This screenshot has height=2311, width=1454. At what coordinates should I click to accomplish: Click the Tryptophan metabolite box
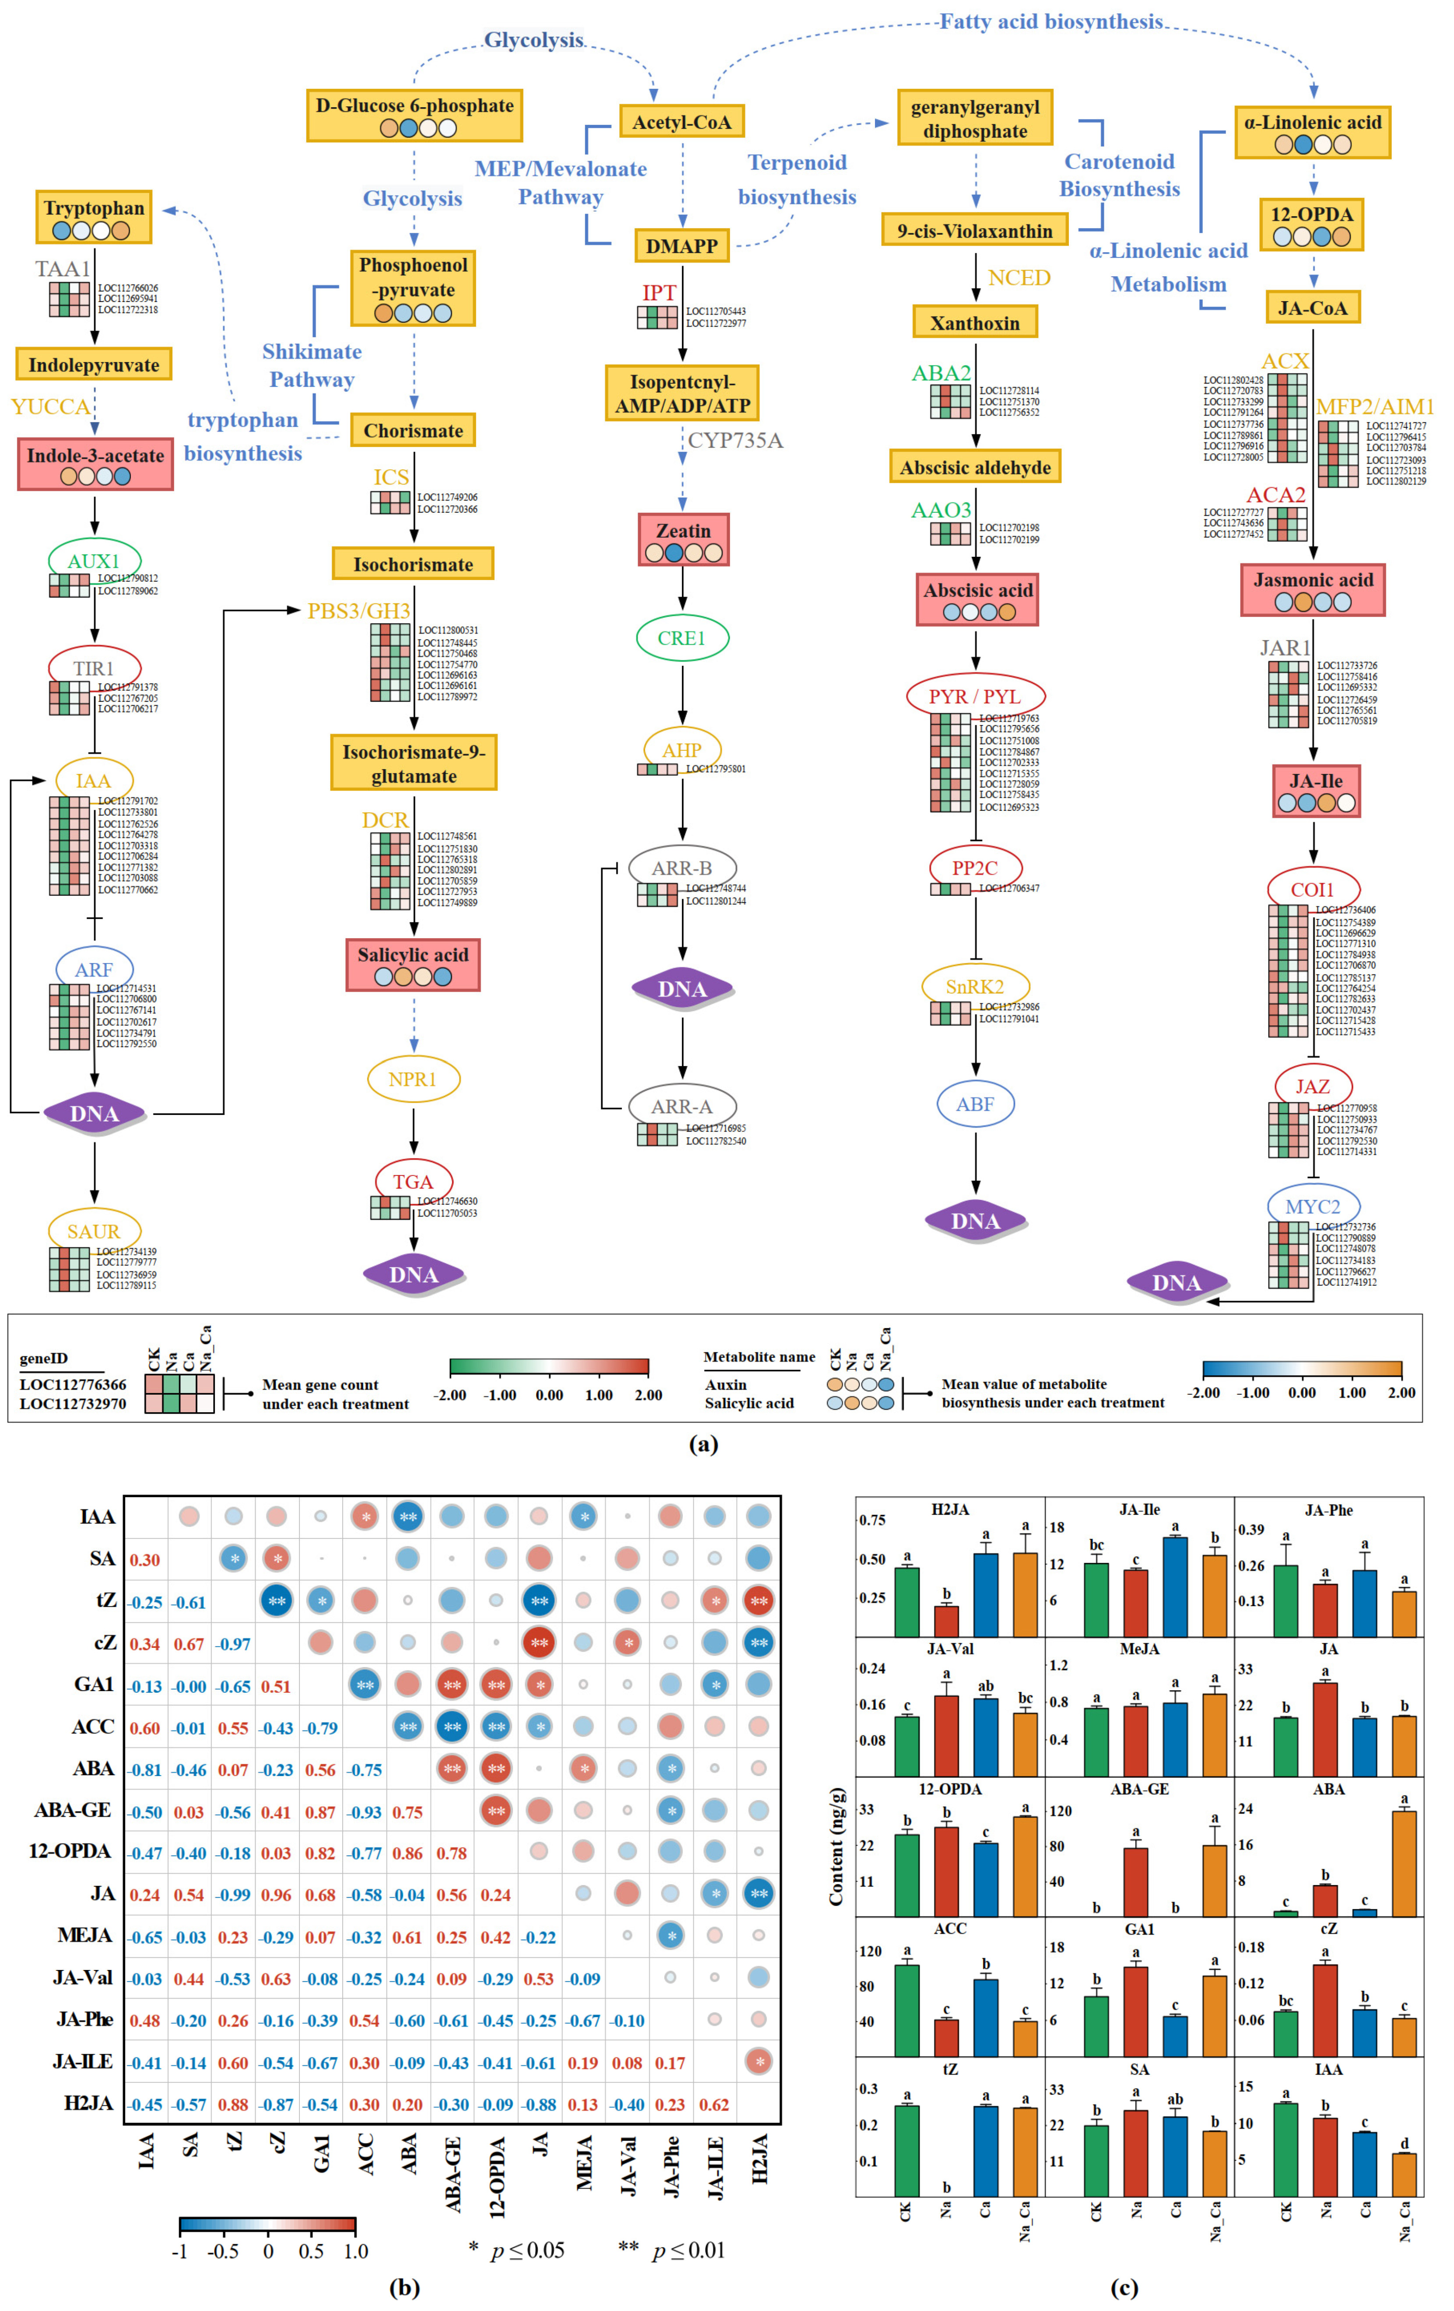coord(93,217)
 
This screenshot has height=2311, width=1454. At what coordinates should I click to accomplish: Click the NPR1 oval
coord(413,1080)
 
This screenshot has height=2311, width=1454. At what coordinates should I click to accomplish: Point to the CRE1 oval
coord(681,638)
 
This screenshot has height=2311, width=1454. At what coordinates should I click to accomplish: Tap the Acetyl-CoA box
coord(681,122)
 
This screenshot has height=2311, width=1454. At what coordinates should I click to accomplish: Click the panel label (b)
coord(404,2287)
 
